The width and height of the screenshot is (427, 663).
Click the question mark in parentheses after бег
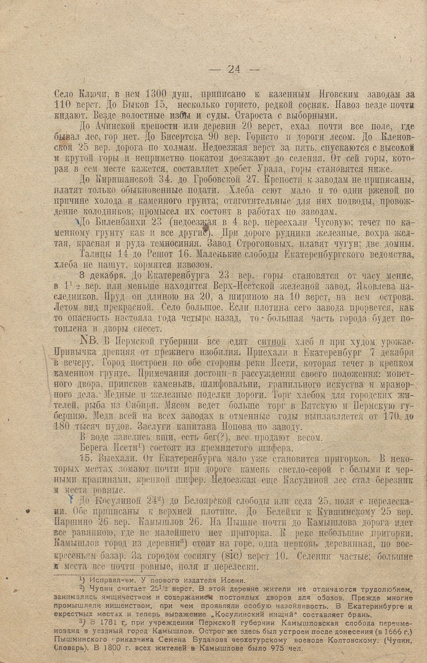[225, 437]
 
